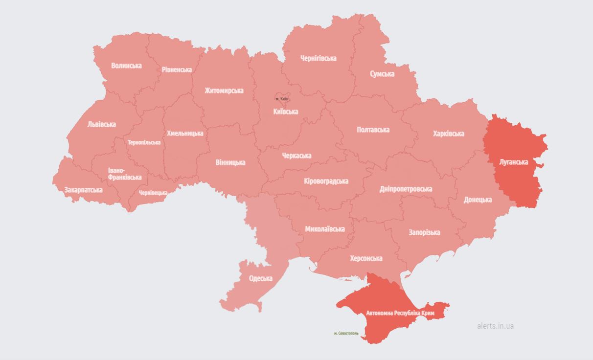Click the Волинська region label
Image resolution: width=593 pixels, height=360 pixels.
126,66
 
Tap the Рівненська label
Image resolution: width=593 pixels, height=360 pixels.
177,70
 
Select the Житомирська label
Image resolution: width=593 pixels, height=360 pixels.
224,90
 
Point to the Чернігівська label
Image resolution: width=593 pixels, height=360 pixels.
318,58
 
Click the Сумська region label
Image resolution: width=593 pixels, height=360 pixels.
382,74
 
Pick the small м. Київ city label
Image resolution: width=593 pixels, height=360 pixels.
282,99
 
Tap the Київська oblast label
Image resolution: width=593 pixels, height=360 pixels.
285,112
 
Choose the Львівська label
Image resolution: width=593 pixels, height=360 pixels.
102,124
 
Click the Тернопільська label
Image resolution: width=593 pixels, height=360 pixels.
144,143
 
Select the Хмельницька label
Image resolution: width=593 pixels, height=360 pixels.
185,133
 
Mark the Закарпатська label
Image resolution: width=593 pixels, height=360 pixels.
83,190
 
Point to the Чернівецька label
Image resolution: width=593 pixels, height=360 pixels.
153,193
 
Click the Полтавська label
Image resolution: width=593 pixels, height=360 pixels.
373,130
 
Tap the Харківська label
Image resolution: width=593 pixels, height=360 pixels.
448,134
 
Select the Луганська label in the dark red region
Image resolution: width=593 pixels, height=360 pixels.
513,161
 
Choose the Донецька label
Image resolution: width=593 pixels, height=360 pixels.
478,200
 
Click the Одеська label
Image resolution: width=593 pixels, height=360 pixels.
260,278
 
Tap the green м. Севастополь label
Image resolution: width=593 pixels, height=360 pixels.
342,334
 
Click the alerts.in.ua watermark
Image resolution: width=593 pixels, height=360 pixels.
495,326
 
